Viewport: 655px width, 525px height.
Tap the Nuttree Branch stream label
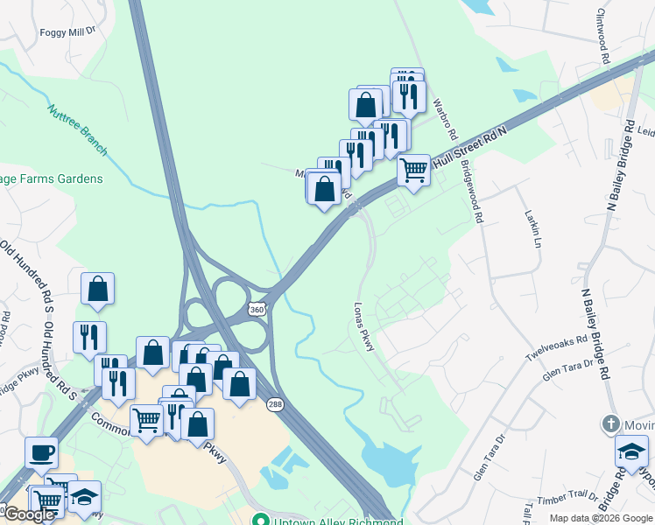click(77, 130)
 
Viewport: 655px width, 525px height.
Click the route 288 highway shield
click(274, 402)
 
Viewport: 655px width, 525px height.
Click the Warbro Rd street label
click(445, 118)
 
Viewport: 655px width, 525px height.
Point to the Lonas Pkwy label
click(364, 327)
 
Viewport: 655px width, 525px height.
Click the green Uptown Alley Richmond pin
click(259, 519)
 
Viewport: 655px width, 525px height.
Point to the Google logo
click(29, 514)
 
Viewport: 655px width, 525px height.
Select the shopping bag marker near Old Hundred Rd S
click(98, 289)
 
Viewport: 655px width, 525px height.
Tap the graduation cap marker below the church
click(630, 452)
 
